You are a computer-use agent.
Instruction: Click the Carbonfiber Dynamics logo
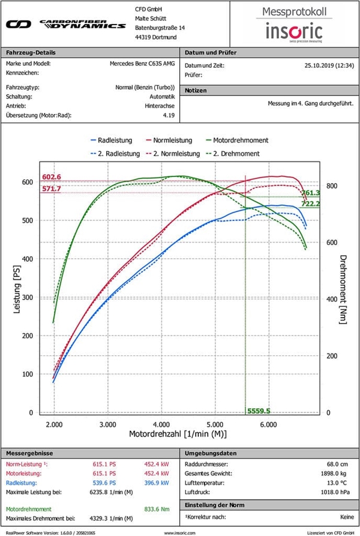coord(65,25)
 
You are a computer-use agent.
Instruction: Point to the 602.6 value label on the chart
coord(52,176)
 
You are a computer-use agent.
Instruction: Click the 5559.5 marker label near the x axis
coord(259,411)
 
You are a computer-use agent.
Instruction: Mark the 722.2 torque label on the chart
coord(310,204)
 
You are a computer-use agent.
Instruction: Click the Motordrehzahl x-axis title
coord(178,433)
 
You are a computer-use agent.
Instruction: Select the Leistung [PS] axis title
coord(17,292)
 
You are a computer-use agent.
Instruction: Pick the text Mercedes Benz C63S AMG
coord(142,63)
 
